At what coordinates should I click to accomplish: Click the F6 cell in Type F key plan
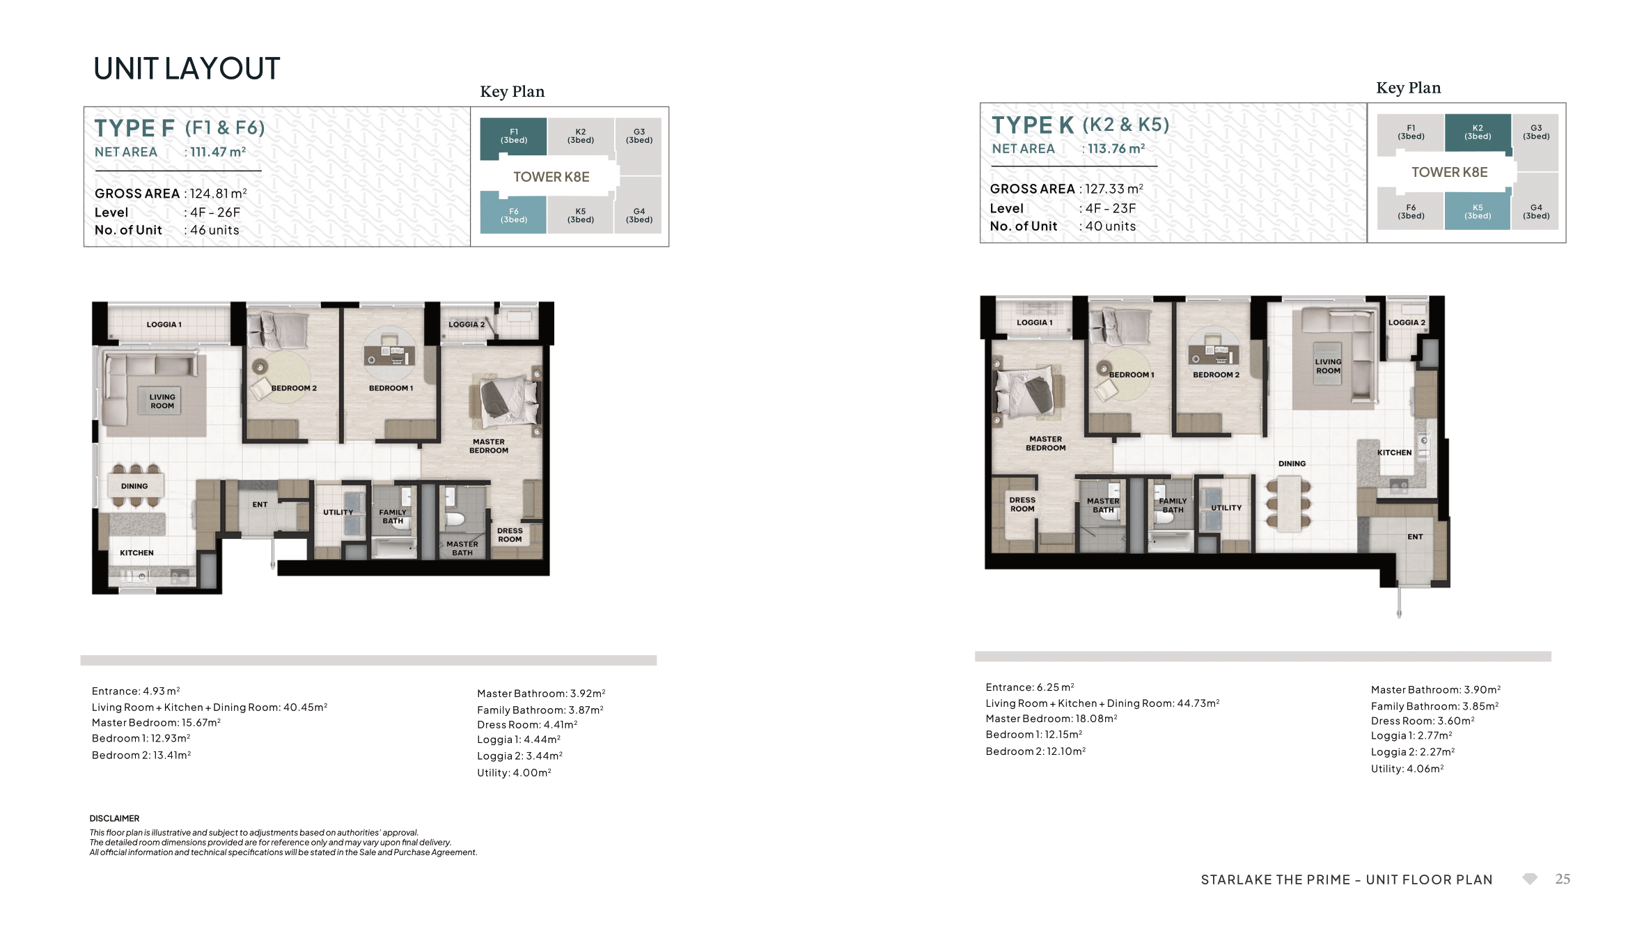click(x=513, y=212)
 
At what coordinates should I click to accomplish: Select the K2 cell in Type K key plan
click(x=1478, y=132)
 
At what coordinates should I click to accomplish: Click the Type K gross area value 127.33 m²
click(x=1114, y=189)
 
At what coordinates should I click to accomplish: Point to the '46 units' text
click(x=214, y=230)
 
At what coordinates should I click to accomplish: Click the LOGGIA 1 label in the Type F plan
click(x=164, y=325)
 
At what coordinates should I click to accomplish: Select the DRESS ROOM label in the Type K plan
click(x=1022, y=504)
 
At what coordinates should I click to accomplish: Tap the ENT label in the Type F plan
click(x=260, y=504)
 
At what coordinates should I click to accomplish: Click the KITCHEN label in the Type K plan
click(x=1394, y=453)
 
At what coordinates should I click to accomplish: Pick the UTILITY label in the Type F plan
click(x=338, y=513)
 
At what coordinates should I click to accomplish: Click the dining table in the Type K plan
click(x=1289, y=503)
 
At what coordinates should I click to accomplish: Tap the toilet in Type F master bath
click(x=455, y=518)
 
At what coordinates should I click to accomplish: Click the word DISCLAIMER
click(x=114, y=818)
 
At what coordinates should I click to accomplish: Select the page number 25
click(x=1563, y=879)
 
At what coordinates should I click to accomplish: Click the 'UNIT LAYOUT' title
click(x=187, y=68)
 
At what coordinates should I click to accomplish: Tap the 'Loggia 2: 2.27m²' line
click(x=1413, y=752)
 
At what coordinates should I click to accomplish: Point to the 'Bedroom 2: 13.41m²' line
click(x=141, y=755)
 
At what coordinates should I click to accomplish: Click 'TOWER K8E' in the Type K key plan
click(x=1449, y=172)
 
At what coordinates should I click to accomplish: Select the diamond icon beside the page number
click(x=1529, y=879)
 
